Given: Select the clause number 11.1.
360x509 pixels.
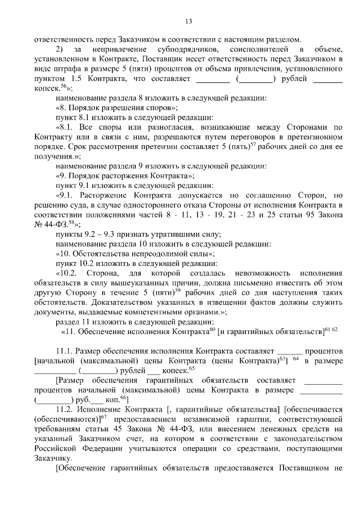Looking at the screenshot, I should (x=65, y=351).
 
